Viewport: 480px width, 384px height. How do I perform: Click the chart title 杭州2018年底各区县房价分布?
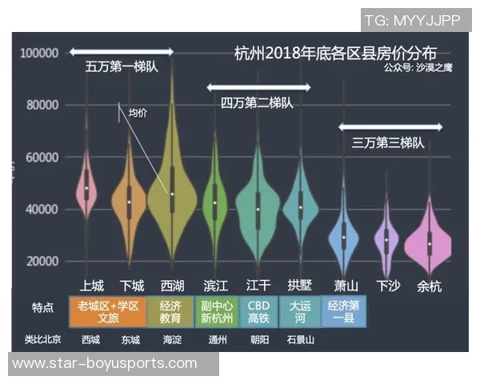click(335, 54)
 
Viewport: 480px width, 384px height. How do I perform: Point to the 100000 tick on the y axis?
click(40, 53)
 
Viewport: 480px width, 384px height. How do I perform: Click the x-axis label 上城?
click(91, 286)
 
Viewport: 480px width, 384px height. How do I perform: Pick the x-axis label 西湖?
click(172, 286)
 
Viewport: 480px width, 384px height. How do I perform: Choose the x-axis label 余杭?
click(430, 286)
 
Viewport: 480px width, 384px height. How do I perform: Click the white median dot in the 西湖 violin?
click(172, 194)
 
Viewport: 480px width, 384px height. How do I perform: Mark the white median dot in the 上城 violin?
click(86, 188)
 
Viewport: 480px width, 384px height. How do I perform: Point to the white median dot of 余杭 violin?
click(430, 243)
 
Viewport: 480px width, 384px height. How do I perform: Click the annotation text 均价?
click(138, 114)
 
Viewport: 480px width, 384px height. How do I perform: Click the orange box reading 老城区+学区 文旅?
click(107, 312)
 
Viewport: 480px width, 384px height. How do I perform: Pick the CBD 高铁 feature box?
click(258, 312)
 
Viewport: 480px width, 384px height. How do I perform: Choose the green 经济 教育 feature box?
click(170, 312)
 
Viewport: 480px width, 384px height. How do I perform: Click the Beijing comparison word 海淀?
click(171, 339)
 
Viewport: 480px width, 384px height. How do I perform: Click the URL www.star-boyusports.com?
click(105, 363)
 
